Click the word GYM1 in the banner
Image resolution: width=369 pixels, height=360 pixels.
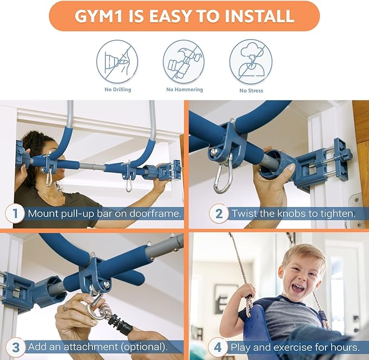tap(98, 16)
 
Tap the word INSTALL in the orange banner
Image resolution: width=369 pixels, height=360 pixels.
tap(260, 16)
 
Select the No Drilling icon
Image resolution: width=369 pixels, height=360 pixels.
tap(117, 61)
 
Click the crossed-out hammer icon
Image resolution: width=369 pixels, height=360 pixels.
tap(184, 61)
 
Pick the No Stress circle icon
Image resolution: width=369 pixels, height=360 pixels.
tap(251, 61)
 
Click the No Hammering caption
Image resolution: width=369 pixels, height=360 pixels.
tap(185, 90)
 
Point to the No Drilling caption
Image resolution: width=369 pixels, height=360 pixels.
tap(118, 90)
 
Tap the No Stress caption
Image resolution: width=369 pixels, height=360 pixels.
tap(251, 91)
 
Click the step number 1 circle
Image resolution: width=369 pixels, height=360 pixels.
tap(15, 213)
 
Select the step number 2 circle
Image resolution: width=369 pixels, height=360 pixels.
tap(219, 213)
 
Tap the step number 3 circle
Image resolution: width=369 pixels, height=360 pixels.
tap(15, 348)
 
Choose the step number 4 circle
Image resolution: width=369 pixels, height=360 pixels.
tap(218, 348)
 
